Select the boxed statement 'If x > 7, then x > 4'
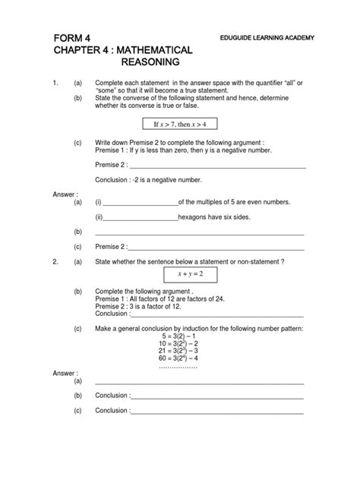pyautogui.click(x=179, y=124)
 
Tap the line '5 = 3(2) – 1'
pyautogui.click(x=178, y=336)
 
